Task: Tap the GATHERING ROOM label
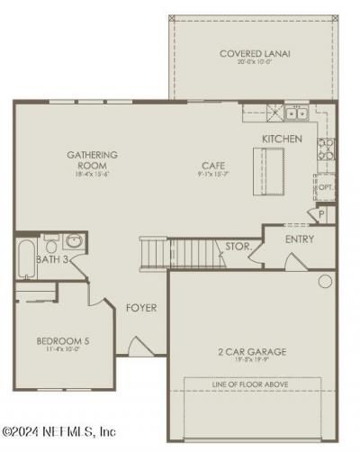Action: tap(92, 159)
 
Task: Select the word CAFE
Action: tap(212, 166)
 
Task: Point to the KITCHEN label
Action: tap(281, 138)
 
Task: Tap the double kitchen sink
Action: tap(296, 113)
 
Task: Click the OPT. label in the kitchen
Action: tap(326, 188)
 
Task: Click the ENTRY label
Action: tap(299, 240)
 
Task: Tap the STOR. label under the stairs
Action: tap(238, 245)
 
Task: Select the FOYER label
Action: tap(140, 308)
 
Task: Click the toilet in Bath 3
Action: tap(51, 241)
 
